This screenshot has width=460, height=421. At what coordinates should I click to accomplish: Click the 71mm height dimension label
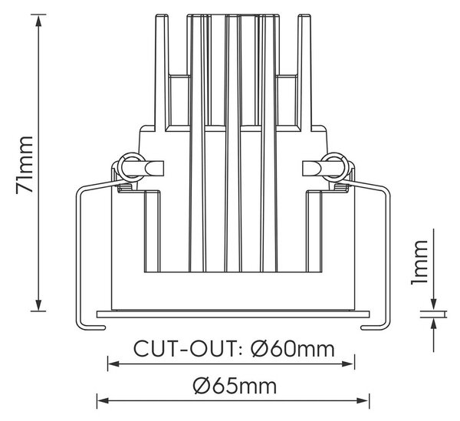(25, 164)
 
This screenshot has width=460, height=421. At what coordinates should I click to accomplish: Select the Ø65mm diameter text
(235, 386)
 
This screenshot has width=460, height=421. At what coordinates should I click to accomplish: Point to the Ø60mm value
(293, 349)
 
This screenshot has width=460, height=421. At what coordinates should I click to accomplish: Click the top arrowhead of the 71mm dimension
(38, 20)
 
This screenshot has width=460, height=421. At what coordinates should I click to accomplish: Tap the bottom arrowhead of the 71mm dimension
(38, 305)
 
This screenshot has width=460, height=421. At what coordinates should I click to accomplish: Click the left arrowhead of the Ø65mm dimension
(103, 400)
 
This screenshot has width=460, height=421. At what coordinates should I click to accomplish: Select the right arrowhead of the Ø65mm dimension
(363, 400)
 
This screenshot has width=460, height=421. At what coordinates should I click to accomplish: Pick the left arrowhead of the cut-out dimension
(113, 364)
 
